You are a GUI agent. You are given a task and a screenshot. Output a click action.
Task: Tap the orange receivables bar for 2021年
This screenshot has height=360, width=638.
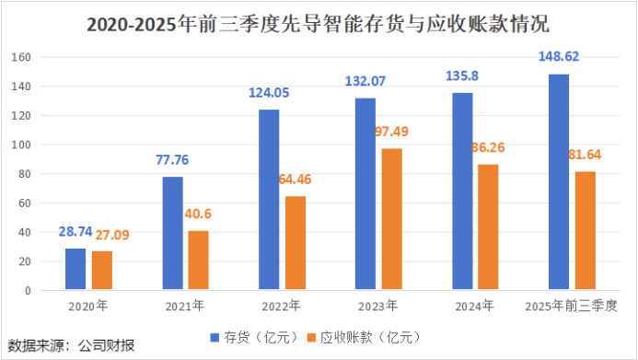(x=198, y=261)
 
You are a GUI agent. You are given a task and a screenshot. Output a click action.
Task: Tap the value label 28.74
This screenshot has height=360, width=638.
(x=75, y=234)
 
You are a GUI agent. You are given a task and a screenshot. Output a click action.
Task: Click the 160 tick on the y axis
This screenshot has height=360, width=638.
(x=22, y=58)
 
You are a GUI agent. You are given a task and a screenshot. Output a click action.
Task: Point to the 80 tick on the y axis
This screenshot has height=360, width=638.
(x=25, y=174)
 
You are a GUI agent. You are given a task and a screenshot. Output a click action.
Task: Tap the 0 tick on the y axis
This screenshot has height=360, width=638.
(x=29, y=291)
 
